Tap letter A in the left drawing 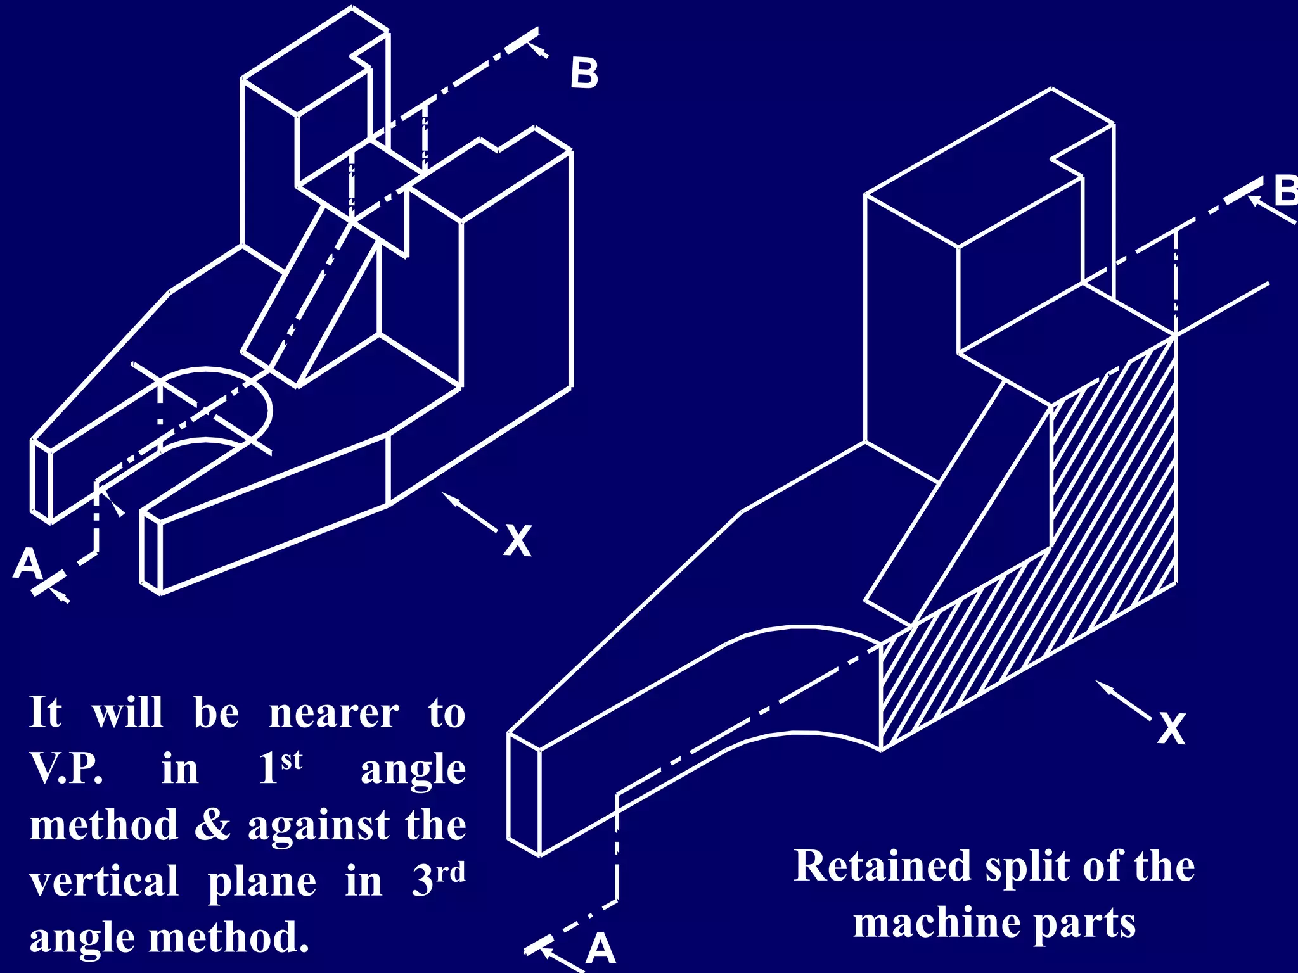click(28, 563)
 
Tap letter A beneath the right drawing click(600, 949)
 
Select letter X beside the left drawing click(518, 541)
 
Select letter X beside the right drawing click(1171, 729)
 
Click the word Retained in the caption click(882, 866)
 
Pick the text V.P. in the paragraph click(66, 769)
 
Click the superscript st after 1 click(292, 760)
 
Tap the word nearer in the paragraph click(333, 713)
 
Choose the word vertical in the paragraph click(104, 881)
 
